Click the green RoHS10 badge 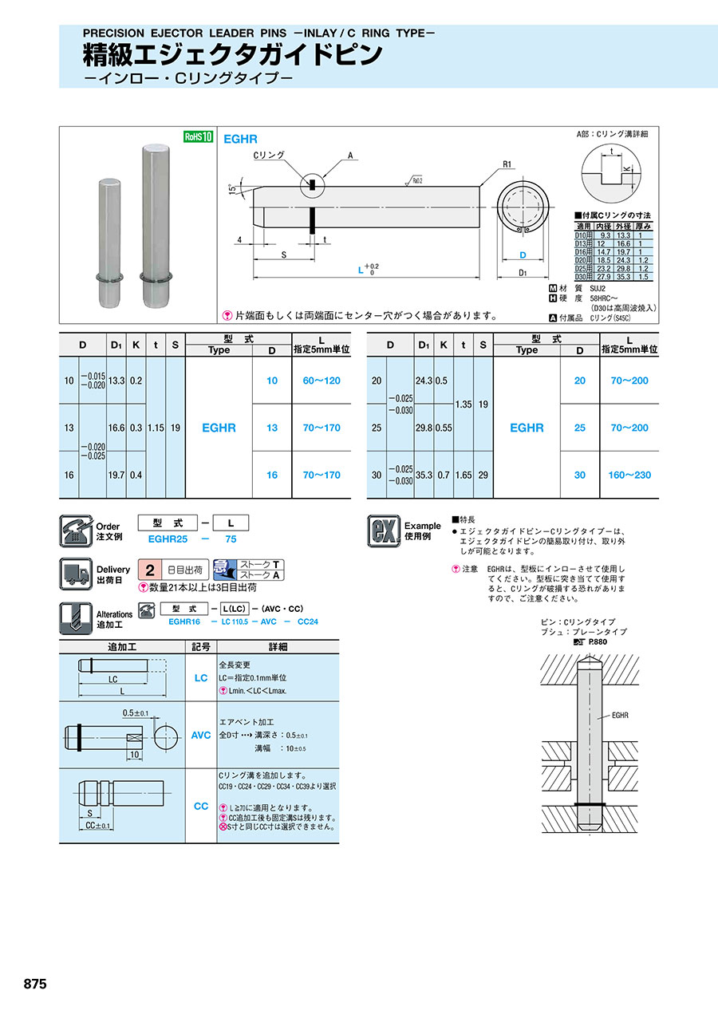[x=199, y=136]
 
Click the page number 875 [x=35, y=984]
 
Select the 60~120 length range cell [x=321, y=381]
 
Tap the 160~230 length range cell [x=629, y=475]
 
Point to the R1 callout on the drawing [x=507, y=165]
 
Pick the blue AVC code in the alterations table [x=201, y=735]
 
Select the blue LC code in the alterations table [x=201, y=677]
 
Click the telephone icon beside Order [x=76, y=531]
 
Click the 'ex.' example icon [x=383, y=531]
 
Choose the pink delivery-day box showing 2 [x=150, y=570]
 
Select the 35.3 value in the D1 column [x=424, y=475]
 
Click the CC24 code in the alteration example [x=307, y=621]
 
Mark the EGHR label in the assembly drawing [x=620, y=715]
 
